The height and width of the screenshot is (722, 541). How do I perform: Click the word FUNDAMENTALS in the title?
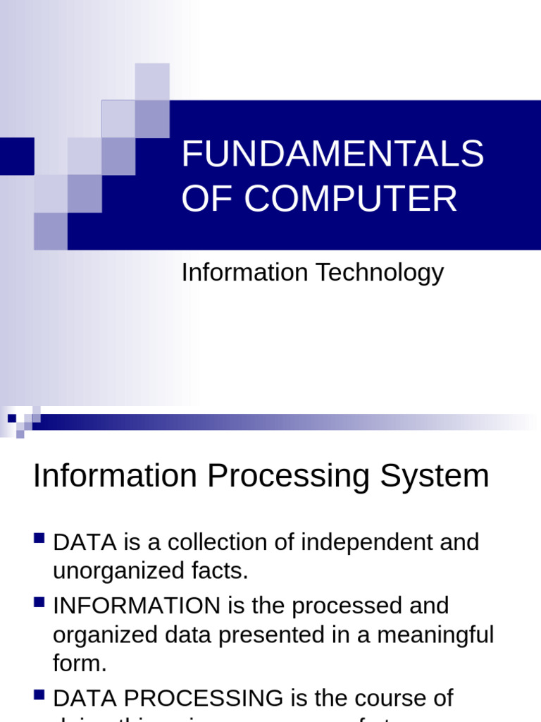click(x=332, y=154)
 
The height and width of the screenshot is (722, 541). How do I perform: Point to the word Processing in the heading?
click(x=288, y=476)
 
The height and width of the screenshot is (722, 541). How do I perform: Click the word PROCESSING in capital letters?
click(x=196, y=698)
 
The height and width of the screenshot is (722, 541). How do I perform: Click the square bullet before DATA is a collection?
click(x=39, y=540)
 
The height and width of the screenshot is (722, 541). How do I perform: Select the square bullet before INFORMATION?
click(x=39, y=603)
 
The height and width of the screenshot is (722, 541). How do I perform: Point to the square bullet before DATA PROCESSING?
click(x=39, y=696)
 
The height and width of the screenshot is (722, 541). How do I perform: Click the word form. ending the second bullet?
click(x=80, y=663)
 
